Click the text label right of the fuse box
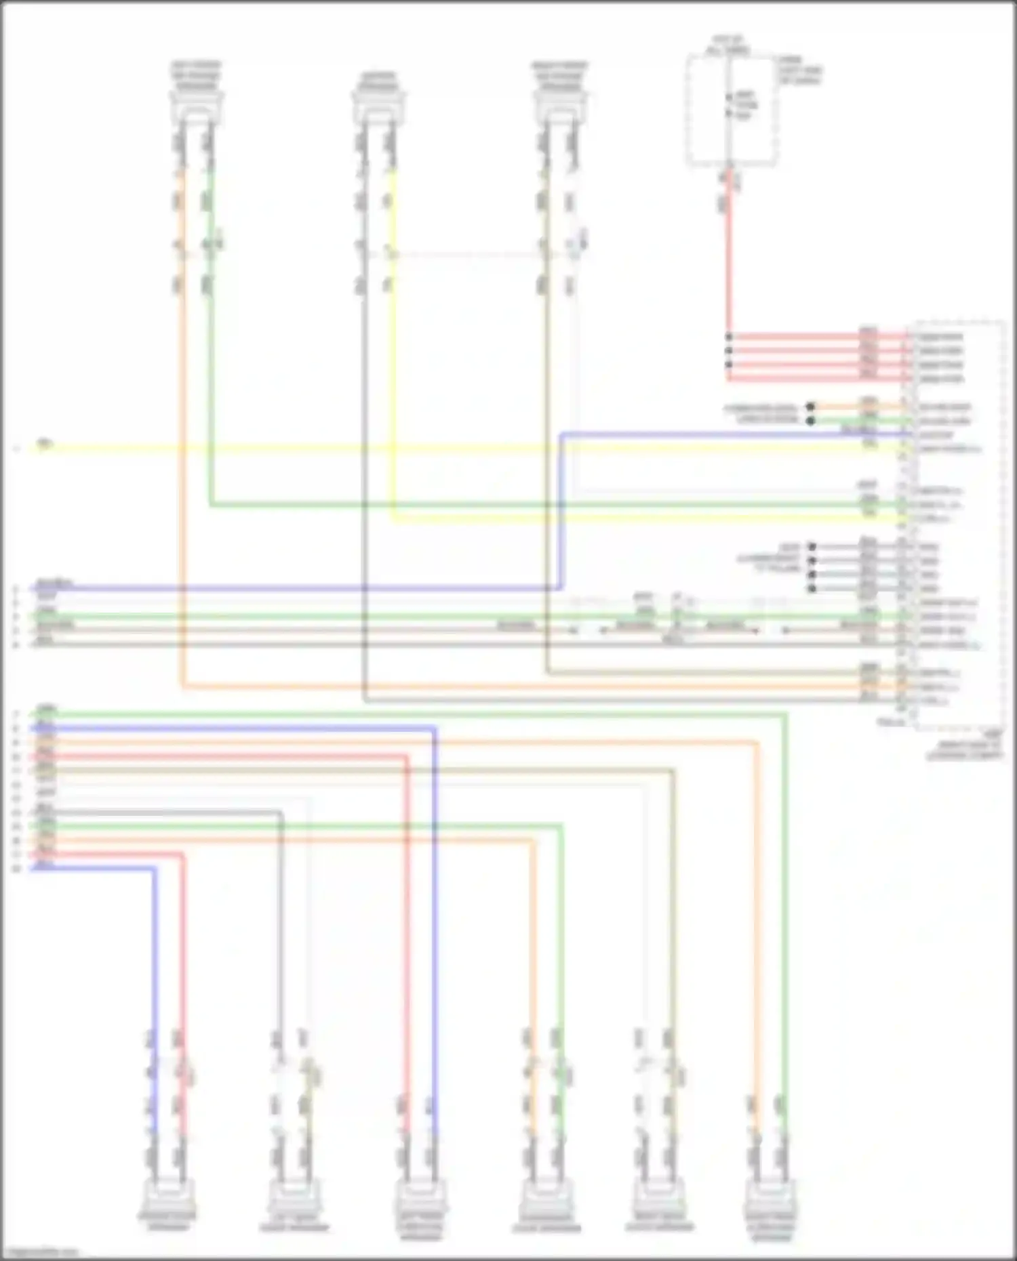[x=800, y=70]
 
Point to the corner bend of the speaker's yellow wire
[x=393, y=519]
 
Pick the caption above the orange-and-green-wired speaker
[x=196, y=75]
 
